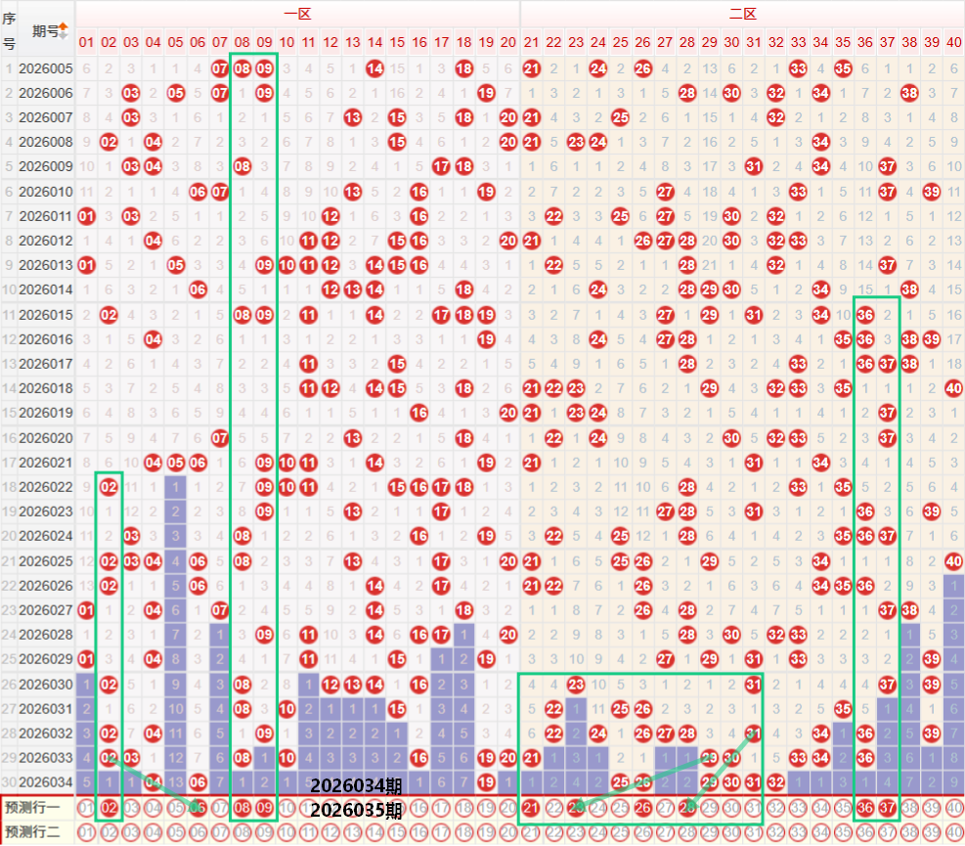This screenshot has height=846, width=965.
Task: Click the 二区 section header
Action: pos(742,14)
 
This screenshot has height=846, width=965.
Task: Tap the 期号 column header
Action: pos(45,30)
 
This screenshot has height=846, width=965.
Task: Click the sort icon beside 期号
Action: pos(64,30)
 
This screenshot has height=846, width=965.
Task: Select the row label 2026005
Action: pos(46,68)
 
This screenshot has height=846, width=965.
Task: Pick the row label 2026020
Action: pos(46,437)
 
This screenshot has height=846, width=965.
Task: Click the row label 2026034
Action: pos(46,781)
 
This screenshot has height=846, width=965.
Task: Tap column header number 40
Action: pos(953,42)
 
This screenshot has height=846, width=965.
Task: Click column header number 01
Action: pos(87,42)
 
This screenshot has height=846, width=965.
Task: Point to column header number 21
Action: pos(531,42)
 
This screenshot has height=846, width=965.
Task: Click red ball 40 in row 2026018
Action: pos(953,388)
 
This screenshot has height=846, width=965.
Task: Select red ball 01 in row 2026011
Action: pos(87,215)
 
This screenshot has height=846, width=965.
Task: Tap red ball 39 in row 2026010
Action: pos(931,191)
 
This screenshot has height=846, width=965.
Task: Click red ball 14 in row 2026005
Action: pos(375,68)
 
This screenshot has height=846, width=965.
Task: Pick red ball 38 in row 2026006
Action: pos(909,93)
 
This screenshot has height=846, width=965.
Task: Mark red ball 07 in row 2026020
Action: pos(220,437)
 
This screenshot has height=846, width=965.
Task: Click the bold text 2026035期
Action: pos(356,810)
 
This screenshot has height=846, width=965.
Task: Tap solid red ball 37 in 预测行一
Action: pos(887,808)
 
